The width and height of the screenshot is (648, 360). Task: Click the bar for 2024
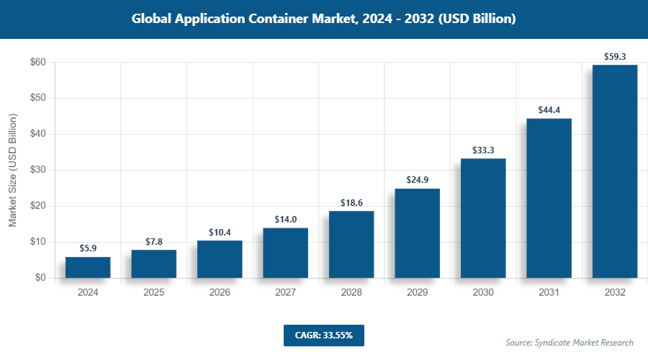[88, 267]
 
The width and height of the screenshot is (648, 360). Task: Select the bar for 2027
[285, 253]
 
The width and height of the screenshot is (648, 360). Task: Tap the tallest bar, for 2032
[615, 171]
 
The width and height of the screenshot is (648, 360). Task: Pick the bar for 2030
[483, 218]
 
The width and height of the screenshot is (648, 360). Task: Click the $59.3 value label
[615, 55]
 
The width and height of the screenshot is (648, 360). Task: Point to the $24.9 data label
[417, 179]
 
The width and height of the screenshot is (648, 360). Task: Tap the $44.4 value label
[549, 109]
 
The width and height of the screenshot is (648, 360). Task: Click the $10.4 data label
[220, 232]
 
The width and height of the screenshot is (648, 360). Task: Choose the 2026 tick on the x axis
[220, 292]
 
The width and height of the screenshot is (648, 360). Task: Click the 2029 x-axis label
[417, 292]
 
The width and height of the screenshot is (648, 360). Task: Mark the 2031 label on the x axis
[549, 292]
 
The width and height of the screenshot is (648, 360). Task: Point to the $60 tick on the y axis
[38, 63]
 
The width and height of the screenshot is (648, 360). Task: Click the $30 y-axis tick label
[38, 170]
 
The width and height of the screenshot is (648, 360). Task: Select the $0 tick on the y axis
[41, 278]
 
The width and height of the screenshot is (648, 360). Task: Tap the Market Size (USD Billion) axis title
[12, 170]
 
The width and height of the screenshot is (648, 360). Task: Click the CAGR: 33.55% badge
[324, 335]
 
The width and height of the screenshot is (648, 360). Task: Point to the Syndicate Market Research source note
[570, 342]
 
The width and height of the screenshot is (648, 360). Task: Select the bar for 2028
[351, 244]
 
